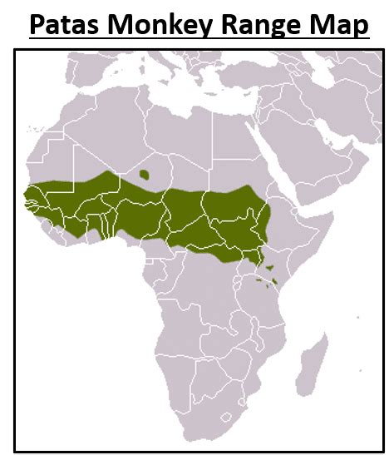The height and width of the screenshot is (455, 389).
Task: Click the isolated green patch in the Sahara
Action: point(145,175)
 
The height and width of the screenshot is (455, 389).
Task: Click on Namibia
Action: point(178,366)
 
